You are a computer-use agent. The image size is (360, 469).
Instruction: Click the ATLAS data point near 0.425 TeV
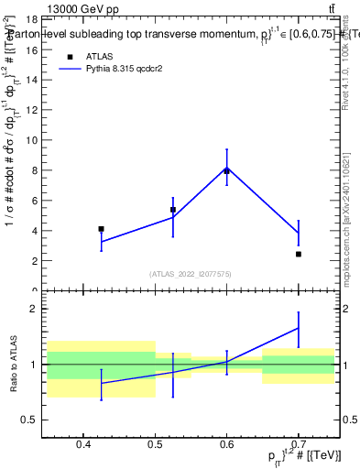tap(101, 229)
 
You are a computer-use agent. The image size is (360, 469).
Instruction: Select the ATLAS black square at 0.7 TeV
tap(299, 254)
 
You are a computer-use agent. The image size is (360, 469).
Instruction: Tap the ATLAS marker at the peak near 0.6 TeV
tap(226, 171)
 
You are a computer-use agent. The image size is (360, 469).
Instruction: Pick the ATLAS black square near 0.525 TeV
tap(173, 210)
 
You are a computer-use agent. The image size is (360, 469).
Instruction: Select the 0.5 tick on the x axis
tap(154, 444)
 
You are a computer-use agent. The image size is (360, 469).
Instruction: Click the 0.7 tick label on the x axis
tap(299, 444)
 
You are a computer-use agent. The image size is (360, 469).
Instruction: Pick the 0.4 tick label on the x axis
tap(82, 444)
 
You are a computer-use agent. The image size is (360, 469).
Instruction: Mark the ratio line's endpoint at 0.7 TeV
tap(299, 328)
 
